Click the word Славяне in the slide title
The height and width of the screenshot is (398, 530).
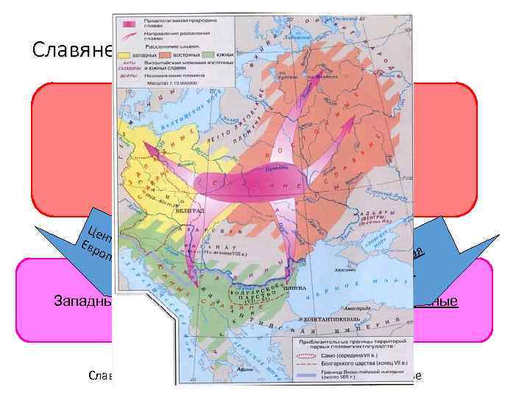pyautogui.click(x=72, y=50)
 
